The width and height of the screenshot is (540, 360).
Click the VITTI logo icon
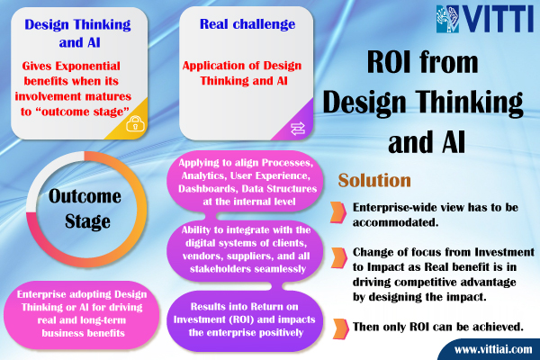[x=448, y=19]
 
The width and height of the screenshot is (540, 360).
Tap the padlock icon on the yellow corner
[x=135, y=123]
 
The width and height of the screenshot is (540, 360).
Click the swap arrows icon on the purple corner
[x=298, y=129]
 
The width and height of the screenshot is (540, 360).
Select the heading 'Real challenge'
[x=247, y=24]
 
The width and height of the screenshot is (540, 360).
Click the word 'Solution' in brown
[x=374, y=180]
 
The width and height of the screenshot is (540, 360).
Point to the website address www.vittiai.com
[x=493, y=350]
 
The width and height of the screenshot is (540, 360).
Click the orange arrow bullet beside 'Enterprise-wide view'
[x=338, y=212]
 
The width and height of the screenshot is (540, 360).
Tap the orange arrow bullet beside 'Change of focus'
[x=339, y=258]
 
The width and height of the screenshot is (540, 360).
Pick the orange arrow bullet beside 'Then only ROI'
[x=340, y=329]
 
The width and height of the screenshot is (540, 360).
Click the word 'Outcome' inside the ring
[x=85, y=196]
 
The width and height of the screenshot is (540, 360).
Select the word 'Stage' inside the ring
[x=87, y=221]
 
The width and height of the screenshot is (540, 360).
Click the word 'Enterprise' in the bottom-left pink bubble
[x=41, y=294]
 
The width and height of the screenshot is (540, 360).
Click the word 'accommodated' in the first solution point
[x=396, y=222]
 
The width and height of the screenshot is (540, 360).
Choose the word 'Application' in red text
[x=214, y=66]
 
